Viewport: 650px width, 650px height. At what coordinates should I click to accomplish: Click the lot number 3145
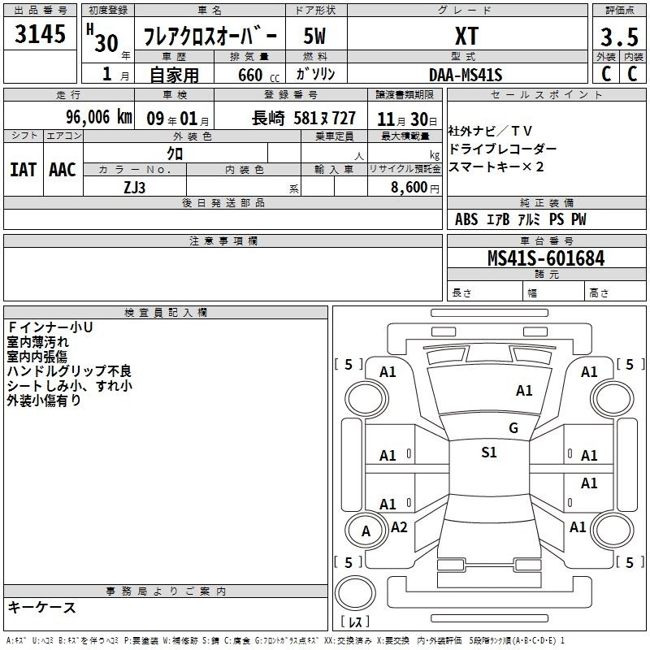coord(40,34)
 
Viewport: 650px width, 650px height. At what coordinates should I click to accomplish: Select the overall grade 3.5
coord(619,37)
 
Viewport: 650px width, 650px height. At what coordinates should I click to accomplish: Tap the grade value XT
coord(466,36)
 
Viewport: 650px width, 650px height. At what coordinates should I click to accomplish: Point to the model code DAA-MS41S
coord(466,75)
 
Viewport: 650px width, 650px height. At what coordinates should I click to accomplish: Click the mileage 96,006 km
coord(99,117)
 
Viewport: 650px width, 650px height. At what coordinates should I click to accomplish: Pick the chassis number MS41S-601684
coord(546,258)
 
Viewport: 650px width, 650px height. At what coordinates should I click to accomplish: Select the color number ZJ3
coord(135,188)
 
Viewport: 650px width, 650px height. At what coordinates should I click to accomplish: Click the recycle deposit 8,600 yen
coord(415,188)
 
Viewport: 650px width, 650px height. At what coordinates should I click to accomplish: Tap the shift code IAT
coord(24,170)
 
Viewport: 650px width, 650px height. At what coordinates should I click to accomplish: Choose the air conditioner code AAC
coord(63,170)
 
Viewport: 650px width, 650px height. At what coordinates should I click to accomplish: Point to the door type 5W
coord(314,36)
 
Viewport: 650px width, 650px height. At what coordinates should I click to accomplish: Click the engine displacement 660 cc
coord(258,76)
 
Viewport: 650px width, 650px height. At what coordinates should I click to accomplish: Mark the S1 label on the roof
coord(489,452)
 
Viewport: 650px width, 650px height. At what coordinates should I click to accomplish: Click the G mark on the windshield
coord(513,427)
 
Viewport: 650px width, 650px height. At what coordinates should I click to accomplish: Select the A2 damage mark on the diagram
coord(399,526)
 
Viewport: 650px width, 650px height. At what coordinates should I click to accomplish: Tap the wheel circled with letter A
coord(366,531)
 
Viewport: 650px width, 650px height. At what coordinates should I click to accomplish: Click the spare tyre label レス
coord(355,622)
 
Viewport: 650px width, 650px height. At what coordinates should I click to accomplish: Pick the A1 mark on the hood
coord(524,391)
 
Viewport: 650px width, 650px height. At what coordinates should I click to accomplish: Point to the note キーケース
coord(42,607)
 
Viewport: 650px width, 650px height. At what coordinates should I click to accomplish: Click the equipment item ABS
coord(466,219)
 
